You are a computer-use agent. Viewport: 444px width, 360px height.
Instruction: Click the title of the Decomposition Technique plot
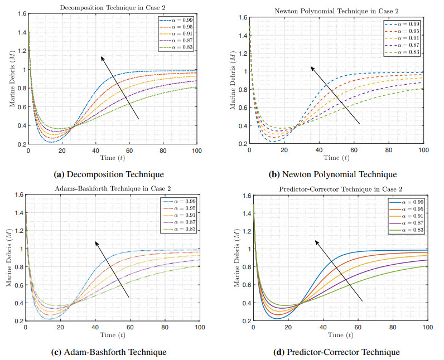click(x=112, y=8)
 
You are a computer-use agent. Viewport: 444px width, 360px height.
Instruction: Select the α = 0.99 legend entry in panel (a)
click(x=177, y=21)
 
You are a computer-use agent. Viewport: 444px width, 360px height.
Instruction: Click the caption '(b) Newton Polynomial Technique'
click(x=332, y=174)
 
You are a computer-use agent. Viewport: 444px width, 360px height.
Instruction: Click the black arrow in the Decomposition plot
click(x=119, y=87)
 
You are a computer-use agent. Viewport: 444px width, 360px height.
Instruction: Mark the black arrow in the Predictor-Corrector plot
click(x=339, y=270)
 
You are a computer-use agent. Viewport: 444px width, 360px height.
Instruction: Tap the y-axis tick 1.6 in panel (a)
click(x=21, y=13)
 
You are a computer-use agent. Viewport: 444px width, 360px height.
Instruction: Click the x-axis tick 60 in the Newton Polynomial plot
click(x=354, y=151)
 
